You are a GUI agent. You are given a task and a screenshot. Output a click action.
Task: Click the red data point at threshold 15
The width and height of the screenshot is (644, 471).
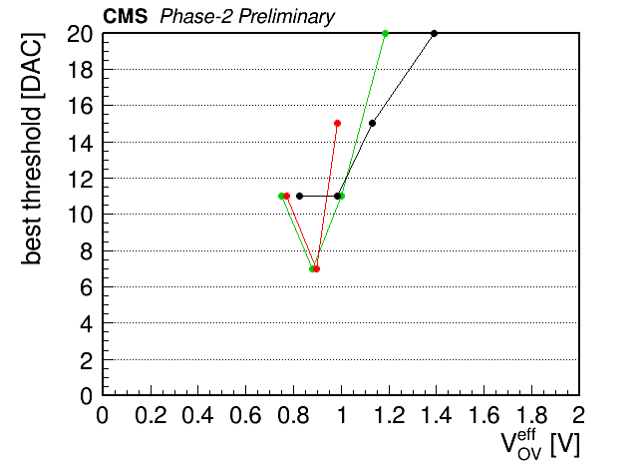pyautogui.click(x=337, y=124)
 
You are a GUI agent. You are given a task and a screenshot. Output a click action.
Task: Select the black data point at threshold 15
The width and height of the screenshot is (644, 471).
pyautogui.click(x=372, y=124)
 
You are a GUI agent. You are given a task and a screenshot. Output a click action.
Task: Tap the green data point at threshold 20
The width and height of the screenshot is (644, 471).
pyautogui.click(x=385, y=33)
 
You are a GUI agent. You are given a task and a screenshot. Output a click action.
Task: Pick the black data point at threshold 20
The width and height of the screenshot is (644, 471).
pyautogui.click(x=434, y=33)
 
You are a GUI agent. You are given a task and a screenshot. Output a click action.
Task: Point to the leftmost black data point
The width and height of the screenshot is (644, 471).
pyautogui.click(x=299, y=196)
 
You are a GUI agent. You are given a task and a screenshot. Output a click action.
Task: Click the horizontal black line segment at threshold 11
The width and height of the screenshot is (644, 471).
pyautogui.click(x=318, y=196)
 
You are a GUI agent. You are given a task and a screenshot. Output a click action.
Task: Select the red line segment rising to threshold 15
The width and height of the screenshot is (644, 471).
pyautogui.click(x=327, y=196)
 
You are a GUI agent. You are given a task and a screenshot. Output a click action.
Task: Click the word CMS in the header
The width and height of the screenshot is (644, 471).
pyautogui.click(x=125, y=16)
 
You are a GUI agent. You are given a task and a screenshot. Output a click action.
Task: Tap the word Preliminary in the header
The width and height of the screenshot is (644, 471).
pyautogui.click(x=287, y=17)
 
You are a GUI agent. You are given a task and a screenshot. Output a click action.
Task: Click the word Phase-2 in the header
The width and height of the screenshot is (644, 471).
pyautogui.click(x=197, y=17)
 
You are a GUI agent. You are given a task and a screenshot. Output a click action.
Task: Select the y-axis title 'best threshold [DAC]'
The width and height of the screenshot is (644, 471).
pyautogui.click(x=32, y=149)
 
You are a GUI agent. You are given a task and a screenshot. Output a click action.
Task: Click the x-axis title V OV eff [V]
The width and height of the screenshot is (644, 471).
pyautogui.click(x=540, y=445)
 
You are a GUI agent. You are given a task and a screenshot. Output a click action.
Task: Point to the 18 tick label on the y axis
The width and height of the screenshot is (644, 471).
pyautogui.click(x=80, y=70)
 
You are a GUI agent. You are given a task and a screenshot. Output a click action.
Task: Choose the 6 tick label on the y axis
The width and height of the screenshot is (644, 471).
pyautogui.click(x=87, y=286)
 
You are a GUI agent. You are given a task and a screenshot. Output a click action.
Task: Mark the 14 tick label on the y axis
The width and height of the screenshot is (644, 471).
pyautogui.click(x=80, y=143)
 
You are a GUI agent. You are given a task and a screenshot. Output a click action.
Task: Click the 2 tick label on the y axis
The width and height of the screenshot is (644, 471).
pyautogui.click(x=87, y=359)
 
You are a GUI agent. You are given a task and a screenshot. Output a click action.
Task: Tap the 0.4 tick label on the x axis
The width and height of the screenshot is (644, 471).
pyautogui.click(x=197, y=415)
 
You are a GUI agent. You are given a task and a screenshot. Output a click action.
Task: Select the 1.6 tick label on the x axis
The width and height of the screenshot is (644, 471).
pyautogui.click(x=483, y=415)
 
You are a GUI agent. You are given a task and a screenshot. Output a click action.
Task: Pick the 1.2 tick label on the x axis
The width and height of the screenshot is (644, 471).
pyautogui.click(x=389, y=415)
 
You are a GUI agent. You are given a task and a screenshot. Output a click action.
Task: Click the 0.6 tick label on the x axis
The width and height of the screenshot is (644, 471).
pyautogui.click(x=245, y=415)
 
